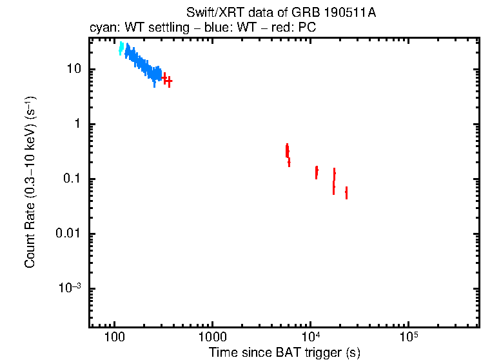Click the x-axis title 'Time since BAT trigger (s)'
pos(284,352)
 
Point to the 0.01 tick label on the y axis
pos(68,234)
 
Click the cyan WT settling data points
pos(121,48)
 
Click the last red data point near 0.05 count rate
pos(346,192)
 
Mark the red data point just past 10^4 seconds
pos(317,172)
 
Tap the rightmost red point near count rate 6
pos(169,81)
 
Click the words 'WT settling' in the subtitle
pos(149,29)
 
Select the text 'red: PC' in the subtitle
pos(295,29)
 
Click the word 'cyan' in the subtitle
pos(101,29)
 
